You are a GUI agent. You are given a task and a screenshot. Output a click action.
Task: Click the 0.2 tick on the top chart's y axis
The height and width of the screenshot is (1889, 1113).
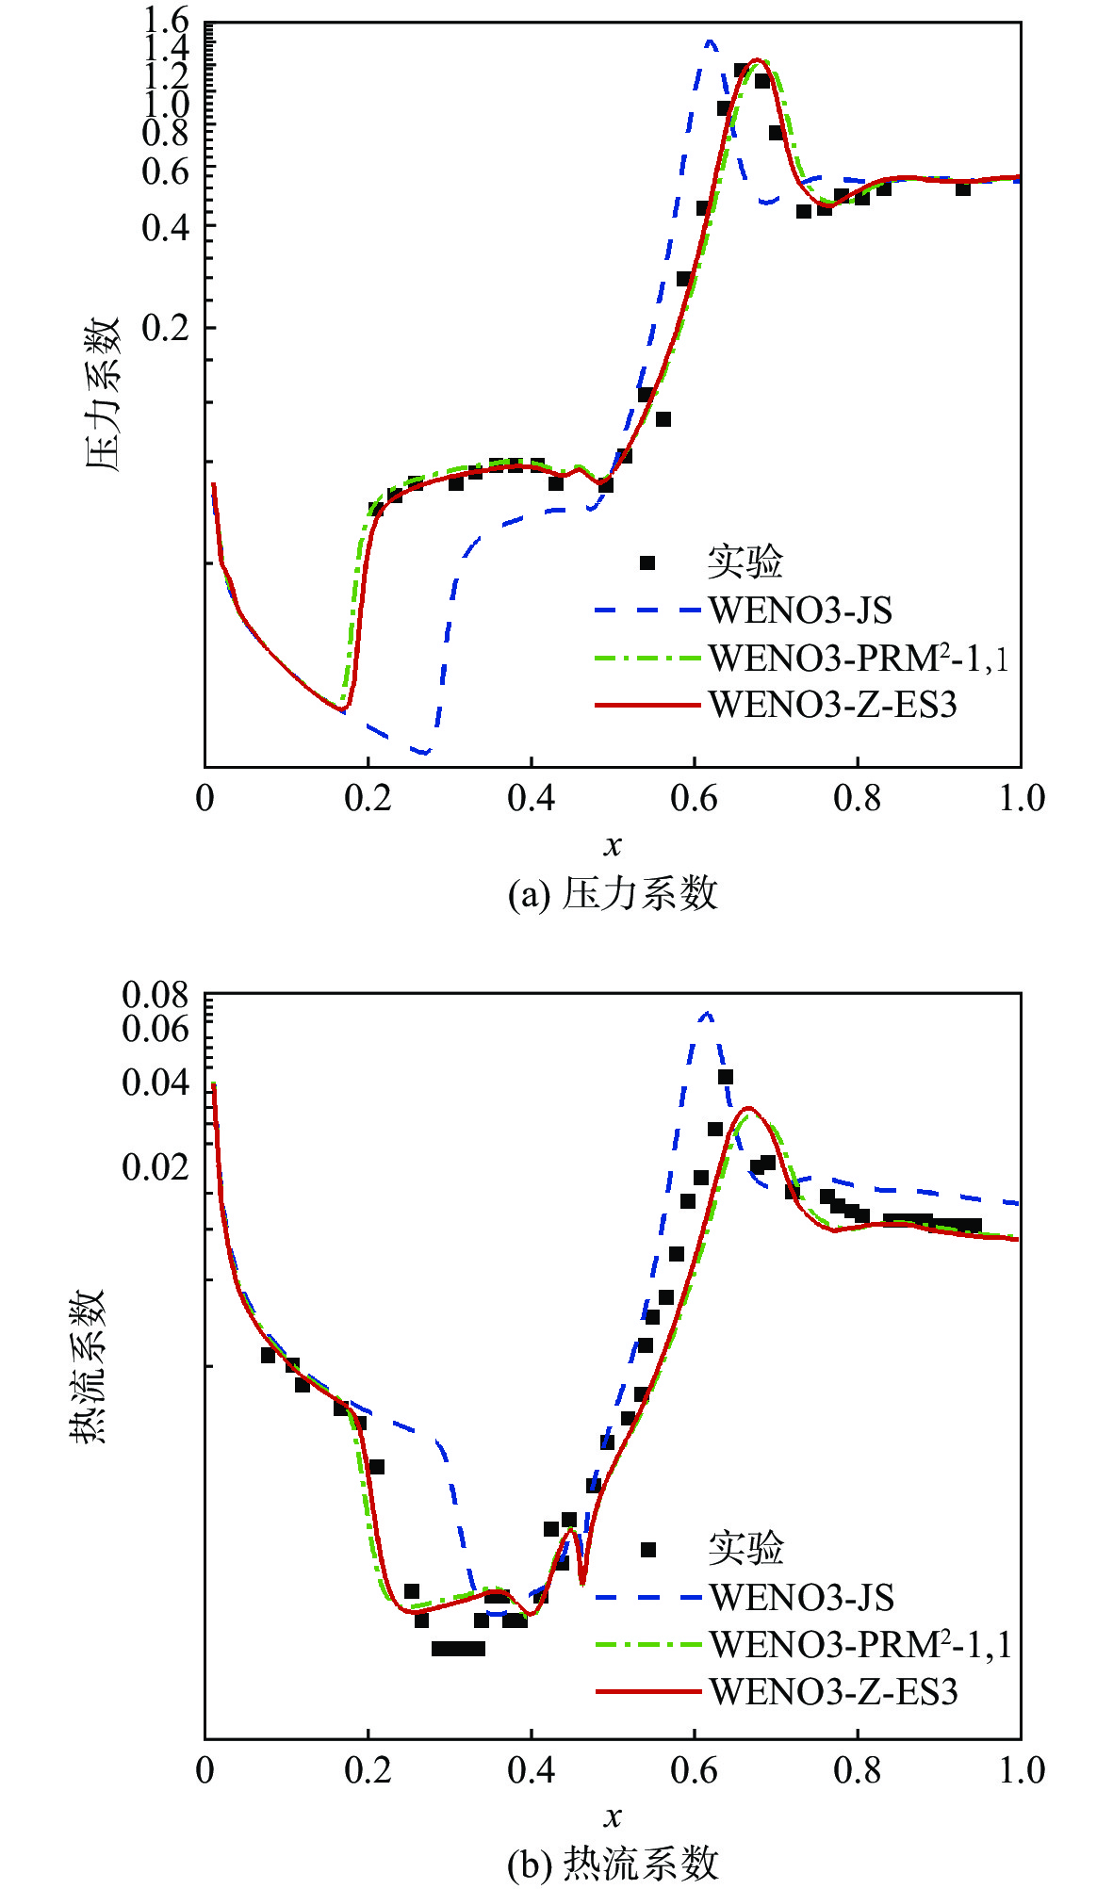[x=165, y=328]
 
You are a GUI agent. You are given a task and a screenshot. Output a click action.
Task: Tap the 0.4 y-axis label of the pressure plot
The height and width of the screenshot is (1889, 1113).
[x=165, y=226]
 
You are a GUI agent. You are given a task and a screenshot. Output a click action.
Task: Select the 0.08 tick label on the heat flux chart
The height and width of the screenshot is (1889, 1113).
[x=155, y=995]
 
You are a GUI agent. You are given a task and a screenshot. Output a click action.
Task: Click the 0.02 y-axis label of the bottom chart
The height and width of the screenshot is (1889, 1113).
[x=155, y=1167]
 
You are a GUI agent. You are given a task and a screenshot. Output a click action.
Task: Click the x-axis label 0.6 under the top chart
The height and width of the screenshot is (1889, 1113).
[x=694, y=799]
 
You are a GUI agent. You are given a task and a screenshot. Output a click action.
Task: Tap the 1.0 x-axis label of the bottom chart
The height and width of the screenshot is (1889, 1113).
[x=1022, y=1770]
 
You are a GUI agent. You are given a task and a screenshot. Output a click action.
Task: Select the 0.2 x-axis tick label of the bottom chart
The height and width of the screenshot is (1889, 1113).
[x=368, y=1770]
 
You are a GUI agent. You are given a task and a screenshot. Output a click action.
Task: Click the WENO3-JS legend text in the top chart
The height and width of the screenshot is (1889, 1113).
[x=800, y=611]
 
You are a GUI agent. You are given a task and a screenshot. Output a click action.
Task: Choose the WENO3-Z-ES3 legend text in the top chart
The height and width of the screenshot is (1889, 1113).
[x=833, y=705]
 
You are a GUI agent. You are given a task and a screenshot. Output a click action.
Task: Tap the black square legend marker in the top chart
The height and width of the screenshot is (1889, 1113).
[x=647, y=563]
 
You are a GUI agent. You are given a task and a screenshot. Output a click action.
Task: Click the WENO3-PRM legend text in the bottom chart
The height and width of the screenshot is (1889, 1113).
[x=859, y=1645]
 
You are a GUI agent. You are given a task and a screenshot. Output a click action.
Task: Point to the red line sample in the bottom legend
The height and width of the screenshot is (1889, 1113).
[x=648, y=1692]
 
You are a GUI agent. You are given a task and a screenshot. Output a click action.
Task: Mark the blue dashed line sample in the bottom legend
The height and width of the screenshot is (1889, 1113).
[x=648, y=1598]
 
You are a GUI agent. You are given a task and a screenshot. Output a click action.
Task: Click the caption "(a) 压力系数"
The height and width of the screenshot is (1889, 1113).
[x=613, y=893]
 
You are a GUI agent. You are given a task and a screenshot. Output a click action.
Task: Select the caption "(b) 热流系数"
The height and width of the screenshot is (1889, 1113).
[x=613, y=1864]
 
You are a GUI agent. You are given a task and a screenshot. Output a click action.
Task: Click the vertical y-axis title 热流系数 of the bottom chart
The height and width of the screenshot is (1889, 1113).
[x=88, y=1366]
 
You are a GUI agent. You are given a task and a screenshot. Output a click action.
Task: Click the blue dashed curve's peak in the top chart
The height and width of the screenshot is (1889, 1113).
[x=710, y=41]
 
